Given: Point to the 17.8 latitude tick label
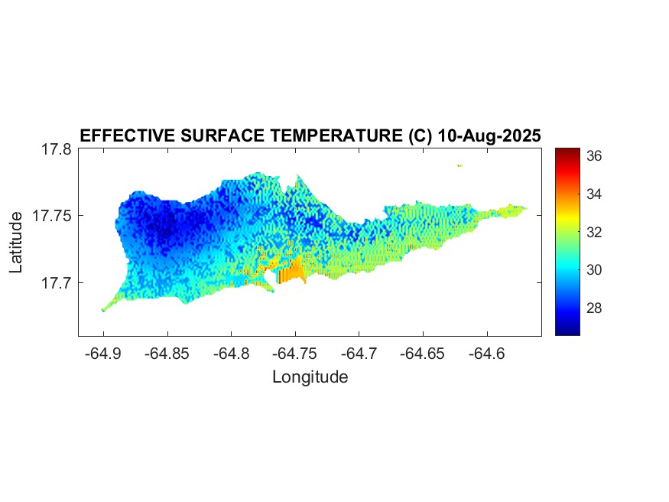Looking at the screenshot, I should point(57,150).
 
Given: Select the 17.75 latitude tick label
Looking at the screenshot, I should point(52,216).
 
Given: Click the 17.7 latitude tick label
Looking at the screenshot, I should point(57,282).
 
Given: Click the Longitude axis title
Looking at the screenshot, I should point(310,376).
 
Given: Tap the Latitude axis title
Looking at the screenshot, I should point(17,243).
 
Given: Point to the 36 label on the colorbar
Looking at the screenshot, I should point(595,155).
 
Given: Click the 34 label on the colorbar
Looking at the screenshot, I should point(595,194).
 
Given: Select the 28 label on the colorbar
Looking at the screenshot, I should point(595,308).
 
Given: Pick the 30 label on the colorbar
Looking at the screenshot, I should point(595,269).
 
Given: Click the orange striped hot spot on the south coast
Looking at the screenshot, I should point(291,273).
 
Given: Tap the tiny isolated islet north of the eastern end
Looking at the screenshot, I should point(460,165).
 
